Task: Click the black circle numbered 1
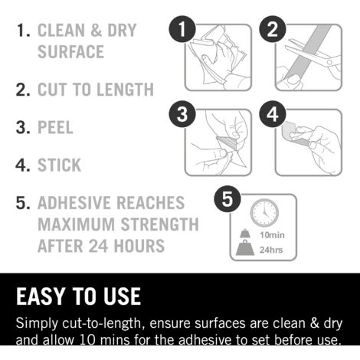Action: tap(182, 29)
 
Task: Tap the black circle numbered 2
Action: tap(273, 29)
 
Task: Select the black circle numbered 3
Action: tap(182, 114)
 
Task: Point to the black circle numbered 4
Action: tap(273, 114)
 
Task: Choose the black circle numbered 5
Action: tap(227, 199)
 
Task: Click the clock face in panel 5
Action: tap(264, 213)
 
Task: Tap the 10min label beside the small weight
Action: tap(272, 235)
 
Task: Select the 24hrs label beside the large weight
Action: tap(271, 250)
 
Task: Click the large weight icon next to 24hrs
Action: tap(245, 247)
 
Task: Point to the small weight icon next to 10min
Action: tap(245, 234)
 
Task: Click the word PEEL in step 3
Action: tap(55, 127)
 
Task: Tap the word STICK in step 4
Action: tap(60, 165)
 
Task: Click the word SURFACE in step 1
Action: tap(71, 51)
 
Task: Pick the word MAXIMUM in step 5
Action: tap(77, 224)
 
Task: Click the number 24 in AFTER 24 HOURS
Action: tap(97, 246)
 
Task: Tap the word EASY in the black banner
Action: tap(41, 296)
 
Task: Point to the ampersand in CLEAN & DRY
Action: tap(96, 30)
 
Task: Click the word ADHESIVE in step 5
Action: tap(74, 203)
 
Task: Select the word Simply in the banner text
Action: tap(37, 324)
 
